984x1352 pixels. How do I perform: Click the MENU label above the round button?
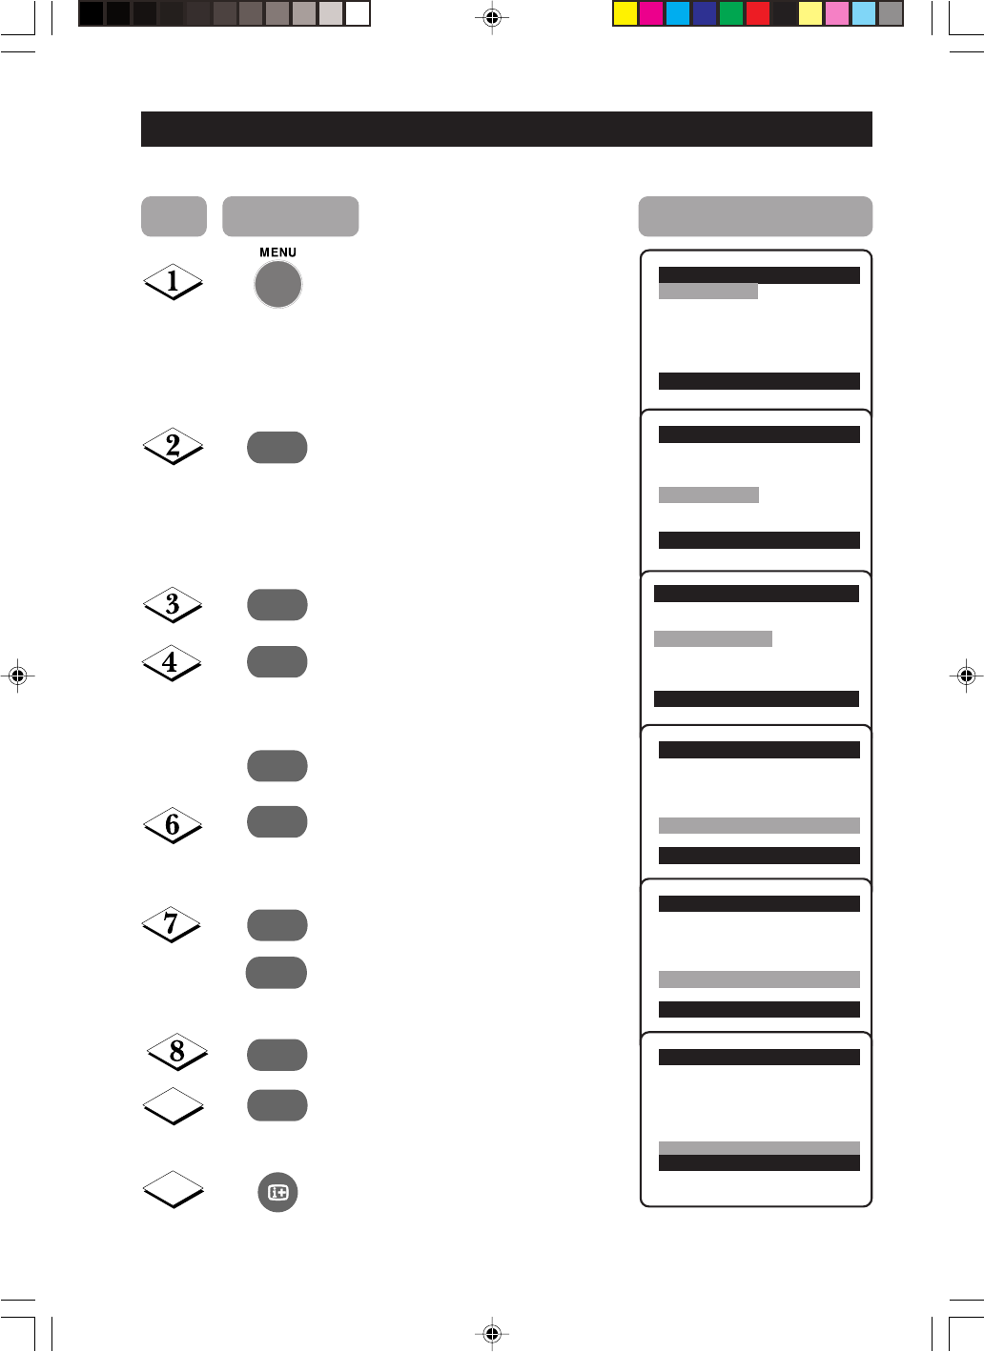coord(277,252)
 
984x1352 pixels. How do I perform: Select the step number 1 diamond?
coord(173,281)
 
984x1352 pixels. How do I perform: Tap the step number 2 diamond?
coord(173,446)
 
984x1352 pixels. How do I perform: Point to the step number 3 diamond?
coord(173,604)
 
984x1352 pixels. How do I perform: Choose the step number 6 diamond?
coord(173,825)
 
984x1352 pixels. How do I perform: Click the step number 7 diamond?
coord(172,923)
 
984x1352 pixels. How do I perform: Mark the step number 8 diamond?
coord(176,1052)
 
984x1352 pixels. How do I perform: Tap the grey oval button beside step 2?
coord(277,448)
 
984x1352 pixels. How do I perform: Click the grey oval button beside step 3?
coord(277,605)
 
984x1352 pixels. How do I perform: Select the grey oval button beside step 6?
coord(277,822)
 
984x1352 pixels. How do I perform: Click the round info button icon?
coord(277,1192)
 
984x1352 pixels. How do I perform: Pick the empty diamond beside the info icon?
coord(173,1189)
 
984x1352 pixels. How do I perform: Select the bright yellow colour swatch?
coord(625,13)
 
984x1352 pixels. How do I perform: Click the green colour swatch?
coord(731,13)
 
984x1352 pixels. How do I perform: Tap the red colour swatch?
coord(758,13)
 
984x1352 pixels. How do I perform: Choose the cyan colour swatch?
coord(678,13)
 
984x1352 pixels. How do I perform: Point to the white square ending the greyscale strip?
coord(358,13)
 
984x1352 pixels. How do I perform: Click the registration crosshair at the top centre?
coord(492,17)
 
